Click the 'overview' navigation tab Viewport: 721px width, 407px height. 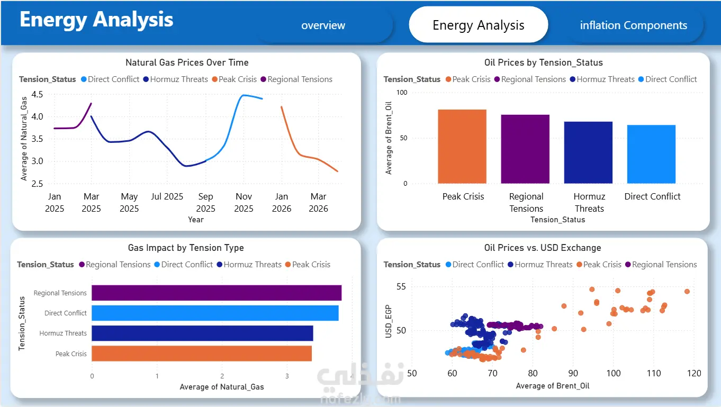coord(323,25)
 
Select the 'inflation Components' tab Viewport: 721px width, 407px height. coord(634,25)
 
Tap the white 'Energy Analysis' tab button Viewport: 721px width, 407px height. coord(479,25)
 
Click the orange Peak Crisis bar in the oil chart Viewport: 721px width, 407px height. coord(462,147)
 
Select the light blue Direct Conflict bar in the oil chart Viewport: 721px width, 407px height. coord(651,154)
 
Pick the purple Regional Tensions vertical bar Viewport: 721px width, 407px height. coord(525,149)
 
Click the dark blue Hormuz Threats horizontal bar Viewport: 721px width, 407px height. coord(202,333)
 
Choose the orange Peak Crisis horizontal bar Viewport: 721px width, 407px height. coord(202,353)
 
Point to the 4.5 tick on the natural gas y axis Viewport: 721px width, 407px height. coord(37,94)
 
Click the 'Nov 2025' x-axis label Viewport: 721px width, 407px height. coord(244,202)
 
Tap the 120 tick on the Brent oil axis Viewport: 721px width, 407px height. coord(694,373)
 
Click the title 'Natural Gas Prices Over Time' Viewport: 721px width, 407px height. coord(187,62)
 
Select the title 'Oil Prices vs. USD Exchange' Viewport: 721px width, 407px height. coord(543,248)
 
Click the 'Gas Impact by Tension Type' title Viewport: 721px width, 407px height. coord(186,248)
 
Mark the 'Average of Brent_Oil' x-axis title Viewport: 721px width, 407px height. coord(553,386)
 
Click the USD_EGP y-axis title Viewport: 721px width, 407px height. coord(389,321)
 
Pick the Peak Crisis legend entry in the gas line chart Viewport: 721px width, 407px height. coord(235,79)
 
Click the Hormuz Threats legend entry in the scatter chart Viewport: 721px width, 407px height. coord(540,265)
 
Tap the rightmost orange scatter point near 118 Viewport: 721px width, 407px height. coord(687,292)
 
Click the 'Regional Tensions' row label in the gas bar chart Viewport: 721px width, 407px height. coord(60,293)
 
